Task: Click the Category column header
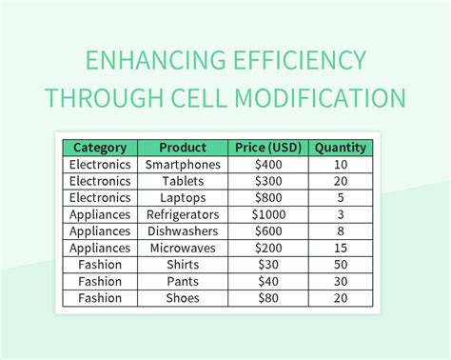click(x=100, y=148)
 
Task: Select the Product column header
click(x=183, y=148)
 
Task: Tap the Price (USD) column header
click(x=268, y=148)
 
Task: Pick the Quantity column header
click(x=341, y=148)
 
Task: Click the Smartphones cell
click(x=183, y=165)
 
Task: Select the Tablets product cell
click(x=183, y=181)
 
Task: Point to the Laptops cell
click(x=183, y=198)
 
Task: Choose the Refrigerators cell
click(x=183, y=214)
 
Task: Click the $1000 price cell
click(x=268, y=214)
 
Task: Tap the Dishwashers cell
click(x=183, y=231)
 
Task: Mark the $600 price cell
click(x=268, y=231)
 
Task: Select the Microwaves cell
click(x=183, y=248)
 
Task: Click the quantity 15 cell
click(x=341, y=248)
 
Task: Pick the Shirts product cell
click(x=183, y=265)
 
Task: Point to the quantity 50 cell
click(x=341, y=265)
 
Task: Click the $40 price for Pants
click(x=268, y=281)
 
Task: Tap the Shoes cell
click(x=183, y=298)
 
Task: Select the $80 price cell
click(x=268, y=298)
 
